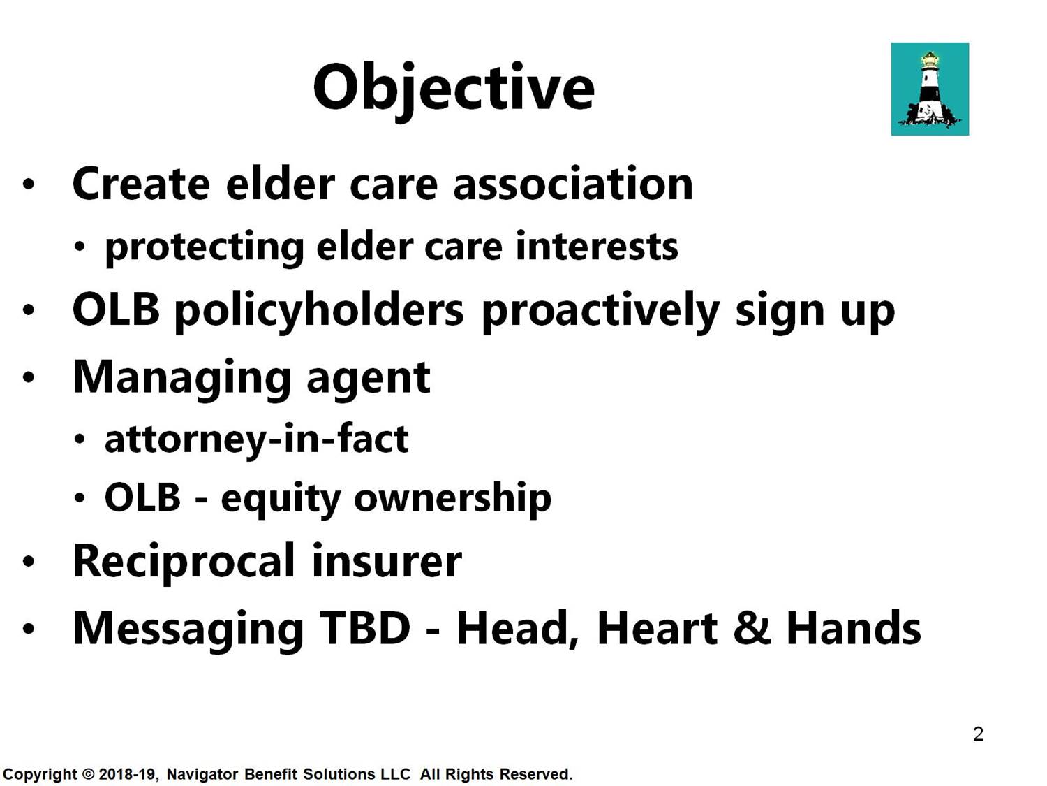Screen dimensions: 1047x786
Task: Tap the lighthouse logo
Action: [x=930, y=89]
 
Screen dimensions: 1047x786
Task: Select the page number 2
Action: [x=978, y=734]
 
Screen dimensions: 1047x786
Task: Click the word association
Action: [x=573, y=184]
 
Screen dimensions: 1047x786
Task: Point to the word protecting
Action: [x=204, y=248]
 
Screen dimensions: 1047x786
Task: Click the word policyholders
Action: [x=319, y=311]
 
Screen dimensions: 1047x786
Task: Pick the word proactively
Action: [x=600, y=311]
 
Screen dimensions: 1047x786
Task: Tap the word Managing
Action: [x=181, y=379]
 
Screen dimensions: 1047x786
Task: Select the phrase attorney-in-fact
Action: [x=257, y=439]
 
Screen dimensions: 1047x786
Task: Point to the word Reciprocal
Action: [x=184, y=563]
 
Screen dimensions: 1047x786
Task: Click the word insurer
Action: [x=387, y=561]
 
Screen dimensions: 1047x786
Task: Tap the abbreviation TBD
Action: [x=365, y=628]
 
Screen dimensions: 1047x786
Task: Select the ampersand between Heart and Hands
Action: [x=752, y=628]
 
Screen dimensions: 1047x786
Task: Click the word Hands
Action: [x=854, y=628]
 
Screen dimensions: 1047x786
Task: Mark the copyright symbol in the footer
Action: [x=88, y=774]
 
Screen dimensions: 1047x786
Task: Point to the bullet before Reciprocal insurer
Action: [x=29, y=562]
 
